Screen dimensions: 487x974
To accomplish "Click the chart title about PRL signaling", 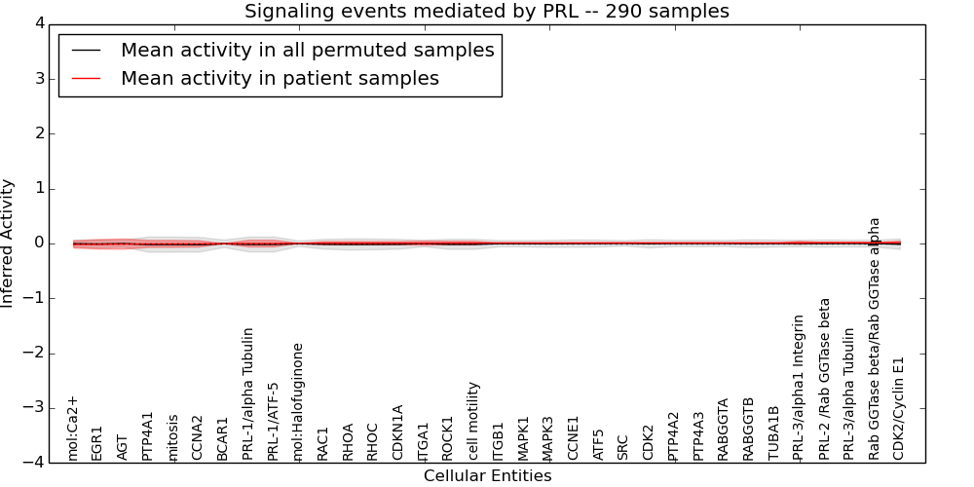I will (x=486, y=11).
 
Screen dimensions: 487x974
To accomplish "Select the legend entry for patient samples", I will (x=280, y=78).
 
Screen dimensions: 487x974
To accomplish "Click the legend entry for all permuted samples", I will (x=307, y=50).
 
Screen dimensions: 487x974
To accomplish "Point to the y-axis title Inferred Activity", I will (x=8, y=243).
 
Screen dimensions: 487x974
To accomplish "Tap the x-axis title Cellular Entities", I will (x=487, y=475).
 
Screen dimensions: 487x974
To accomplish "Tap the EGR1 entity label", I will (x=97, y=442).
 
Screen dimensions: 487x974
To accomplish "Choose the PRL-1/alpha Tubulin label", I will (x=248, y=393).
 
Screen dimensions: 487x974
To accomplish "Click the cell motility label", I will (x=473, y=421).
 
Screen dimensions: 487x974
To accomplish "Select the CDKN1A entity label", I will (x=398, y=432).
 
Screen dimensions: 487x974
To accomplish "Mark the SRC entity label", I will (x=623, y=447).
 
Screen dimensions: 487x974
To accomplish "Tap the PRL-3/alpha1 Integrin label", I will (x=799, y=387).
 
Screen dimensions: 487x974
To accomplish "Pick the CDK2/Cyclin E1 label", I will (x=899, y=408).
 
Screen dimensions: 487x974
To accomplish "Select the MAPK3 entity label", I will (x=548, y=438).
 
